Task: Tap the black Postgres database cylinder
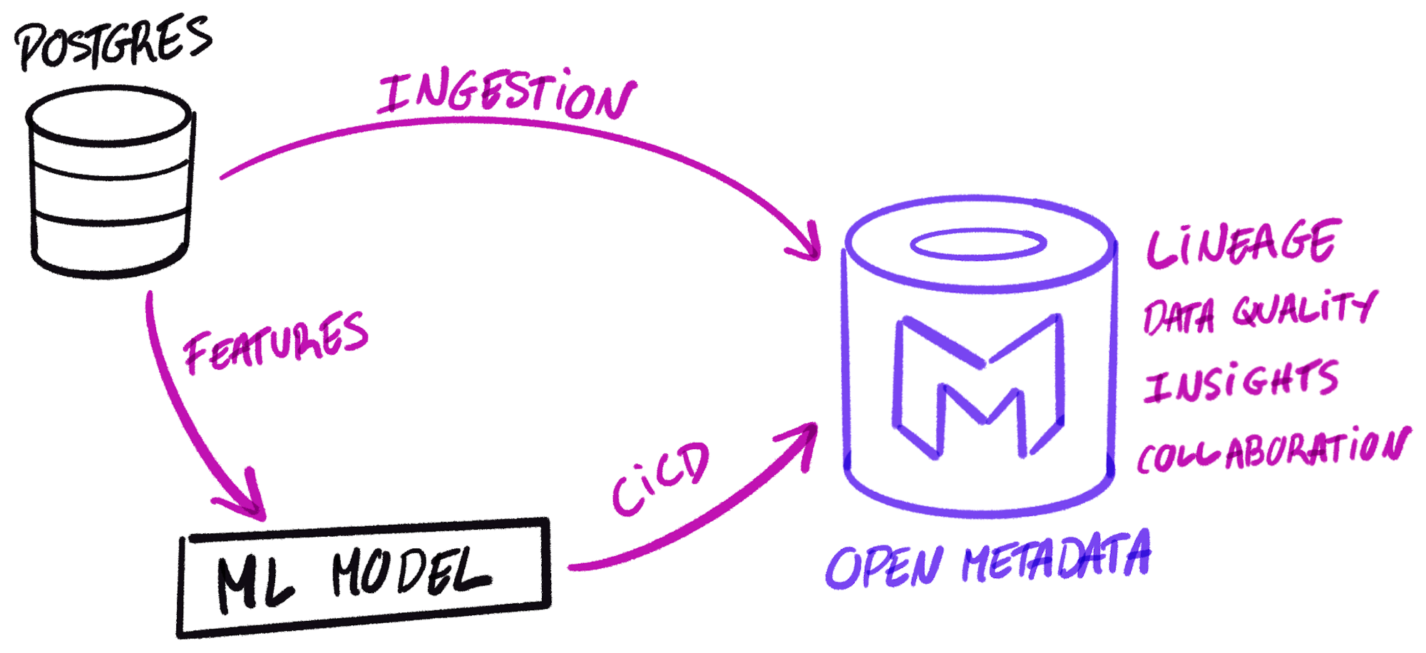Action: (x=111, y=182)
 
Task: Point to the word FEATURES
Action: (x=276, y=342)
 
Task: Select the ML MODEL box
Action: (x=364, y=577)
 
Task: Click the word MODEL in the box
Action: (x=411, y=572)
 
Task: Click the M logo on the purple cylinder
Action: (x=978, y=385)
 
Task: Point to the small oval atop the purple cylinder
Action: (x=978, y=245)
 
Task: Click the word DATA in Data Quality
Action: (x=1178, y=317)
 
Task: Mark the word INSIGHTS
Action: (x=1241, y=381)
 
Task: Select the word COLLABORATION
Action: (x=1273, y=450)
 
